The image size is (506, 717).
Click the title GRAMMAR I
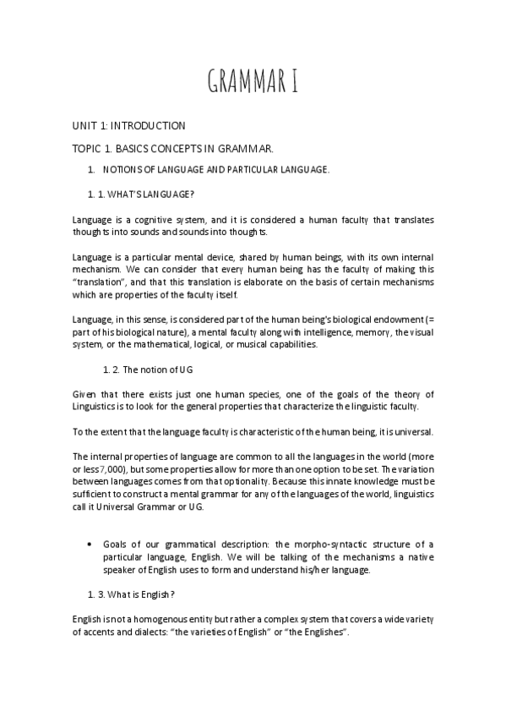tap(253, 84)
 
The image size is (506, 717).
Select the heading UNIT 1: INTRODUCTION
tap(129, 126)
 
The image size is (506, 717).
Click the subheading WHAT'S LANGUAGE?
tap(148, 194)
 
